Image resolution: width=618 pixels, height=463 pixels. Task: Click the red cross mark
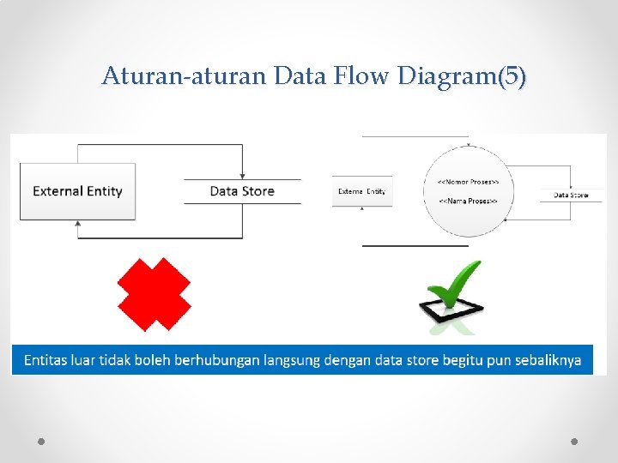[154, 294]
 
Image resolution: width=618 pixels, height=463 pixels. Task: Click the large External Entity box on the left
[77, 191]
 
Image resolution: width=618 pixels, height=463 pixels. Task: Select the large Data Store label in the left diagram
[242, 191]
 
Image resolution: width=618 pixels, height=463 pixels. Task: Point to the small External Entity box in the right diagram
[362, 191]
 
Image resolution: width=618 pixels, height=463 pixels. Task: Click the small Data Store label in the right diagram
[571, 195]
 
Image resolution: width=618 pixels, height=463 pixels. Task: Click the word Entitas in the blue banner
[46, 360]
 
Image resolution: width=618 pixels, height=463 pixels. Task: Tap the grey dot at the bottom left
[41, 441]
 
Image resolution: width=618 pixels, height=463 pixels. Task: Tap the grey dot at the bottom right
[574, 441]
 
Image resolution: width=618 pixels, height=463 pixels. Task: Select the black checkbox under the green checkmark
[451, 307]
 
